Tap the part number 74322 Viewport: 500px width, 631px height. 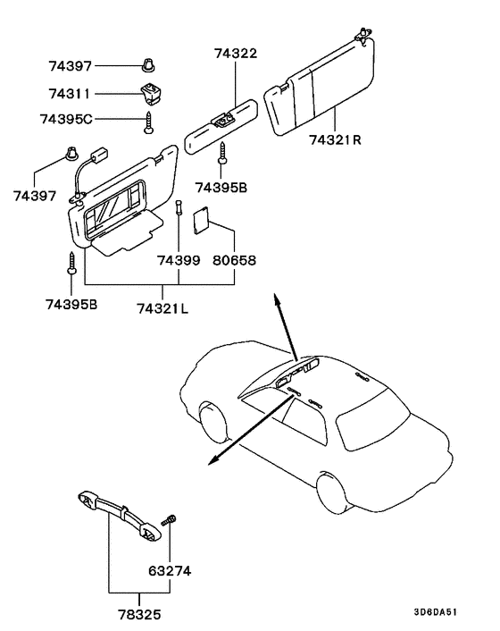(235, 55)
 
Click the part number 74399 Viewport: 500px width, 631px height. (179, 261)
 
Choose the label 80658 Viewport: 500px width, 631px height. (234, 261)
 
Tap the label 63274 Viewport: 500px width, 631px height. (170, 570)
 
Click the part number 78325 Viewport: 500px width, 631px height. (139, 615)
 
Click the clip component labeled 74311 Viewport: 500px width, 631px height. (149, 92)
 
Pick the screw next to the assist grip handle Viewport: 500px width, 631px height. (167, 521)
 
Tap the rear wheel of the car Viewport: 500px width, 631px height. (331, 490)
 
